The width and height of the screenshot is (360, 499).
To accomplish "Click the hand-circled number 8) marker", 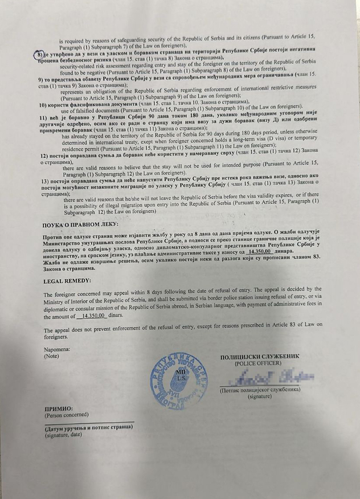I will (x=38, y=55).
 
